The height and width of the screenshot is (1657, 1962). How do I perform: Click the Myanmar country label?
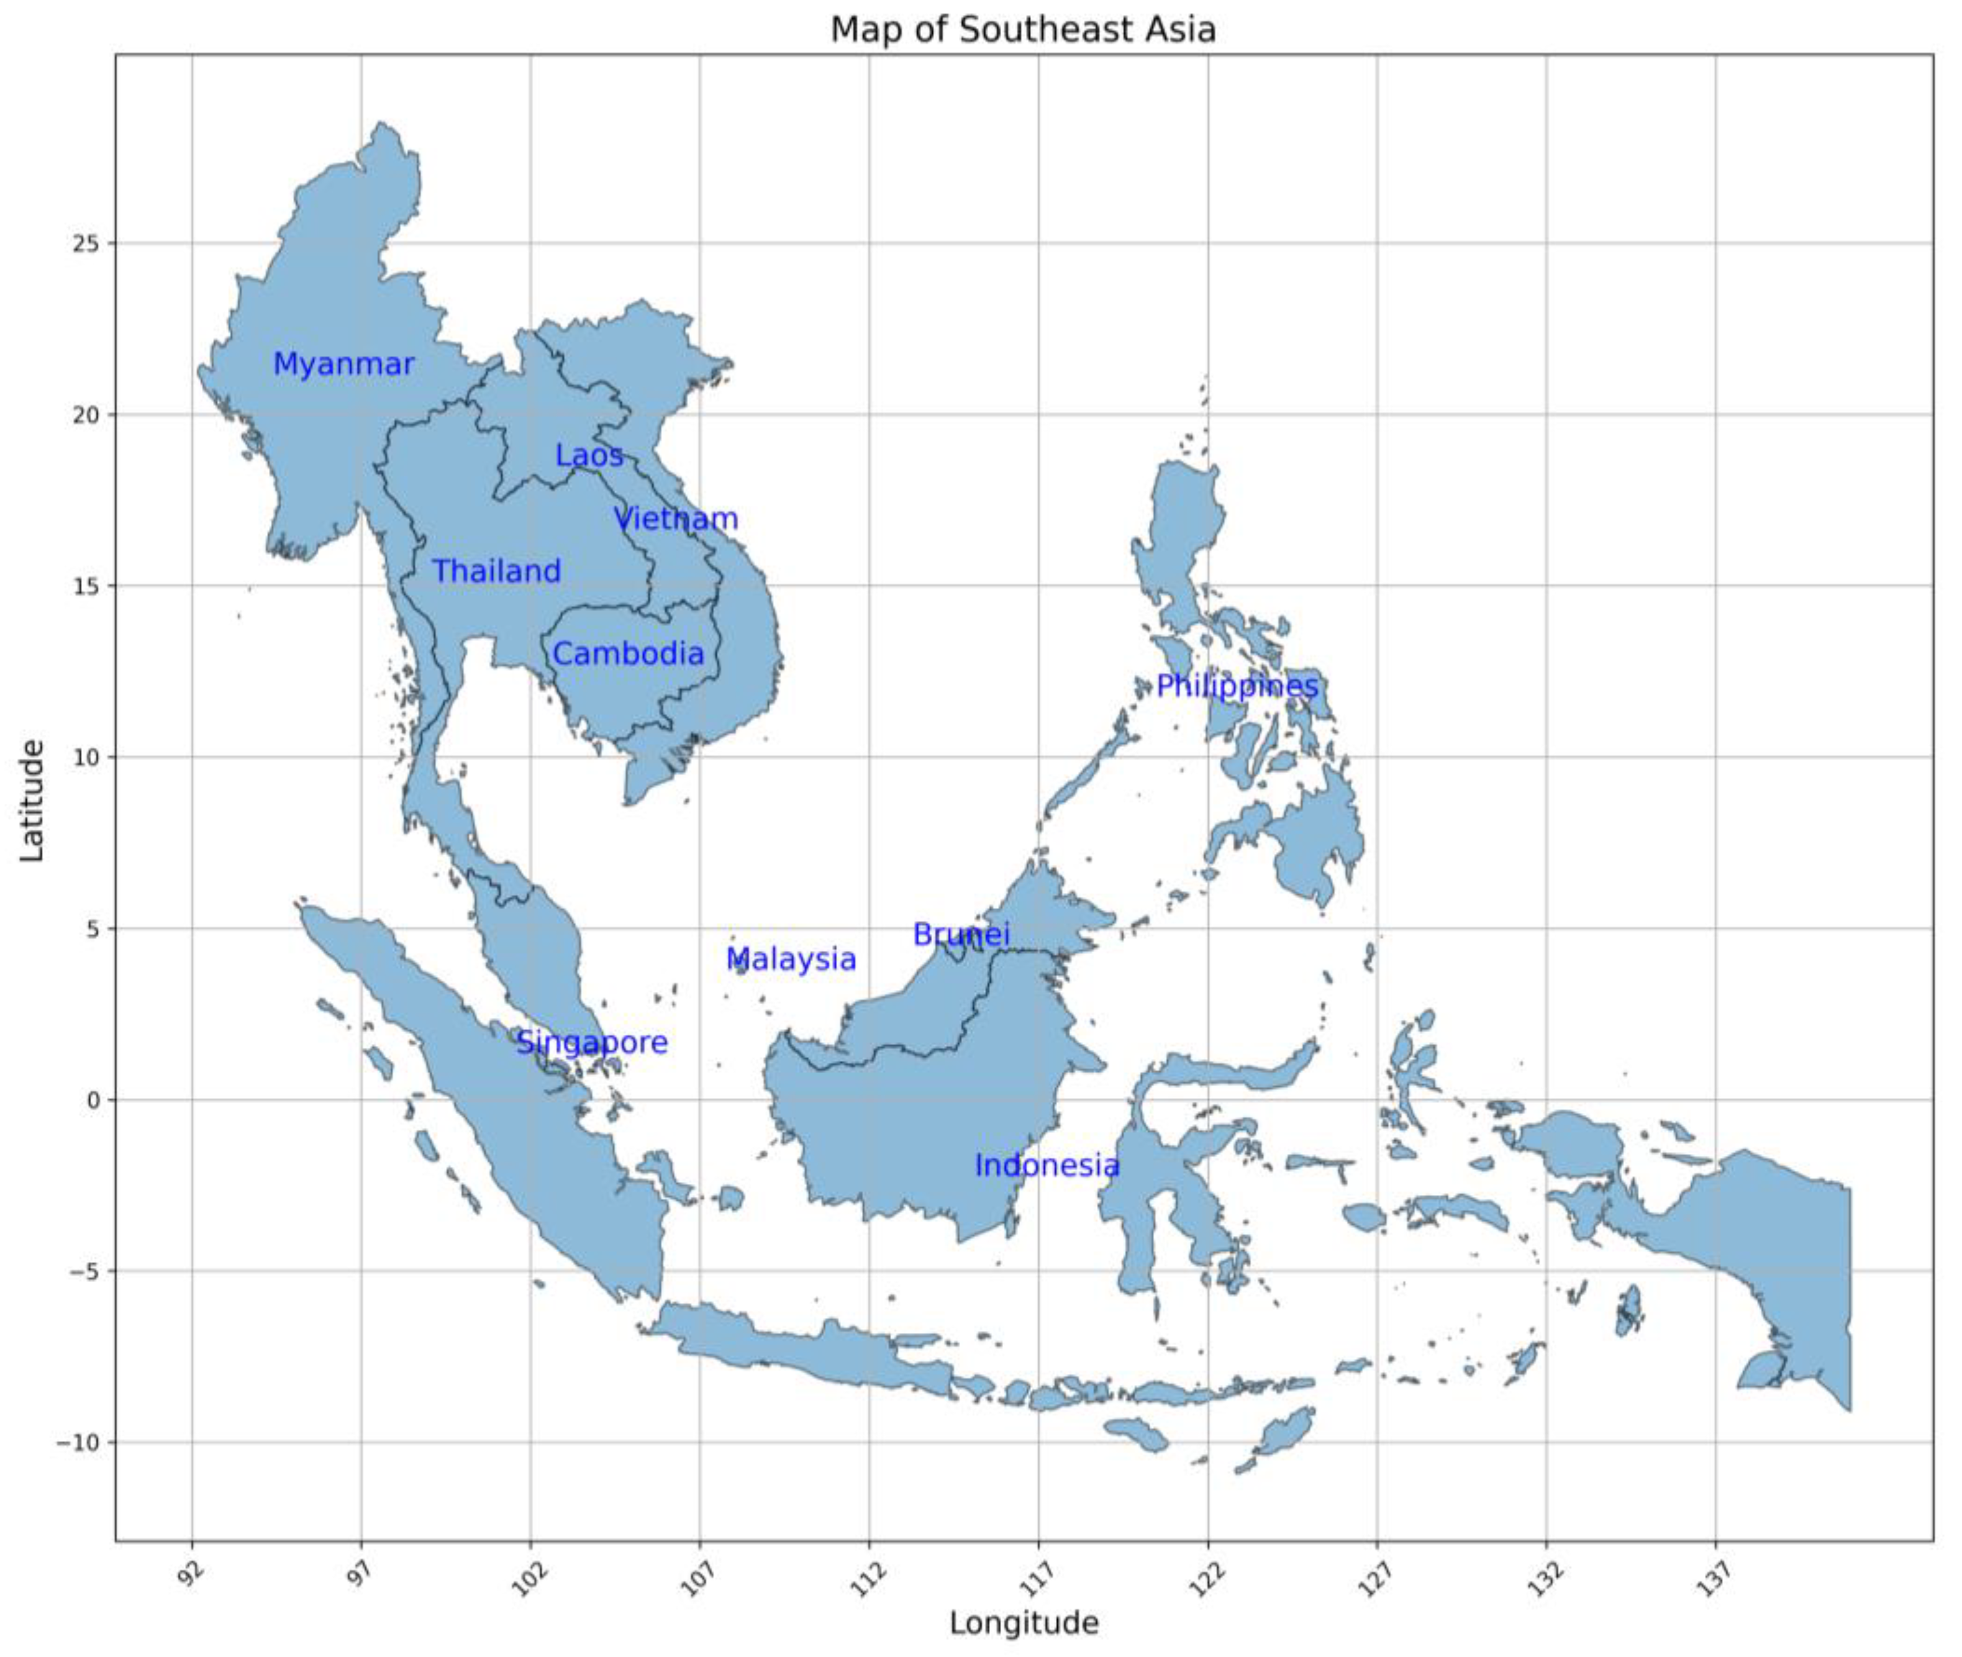point(343,365)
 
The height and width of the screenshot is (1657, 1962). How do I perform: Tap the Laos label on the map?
point(589,456)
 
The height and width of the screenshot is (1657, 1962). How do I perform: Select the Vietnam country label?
point(676,519)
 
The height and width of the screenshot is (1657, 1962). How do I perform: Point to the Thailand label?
point(496,571)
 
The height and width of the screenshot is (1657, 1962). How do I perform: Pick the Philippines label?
point(1237,687)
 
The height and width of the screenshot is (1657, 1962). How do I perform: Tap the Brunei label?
point(961,935)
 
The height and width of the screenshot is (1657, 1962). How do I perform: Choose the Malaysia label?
point(791,959)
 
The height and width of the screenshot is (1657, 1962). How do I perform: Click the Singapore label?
point(592,1043)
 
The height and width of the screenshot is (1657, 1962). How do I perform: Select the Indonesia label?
point(1047,1166)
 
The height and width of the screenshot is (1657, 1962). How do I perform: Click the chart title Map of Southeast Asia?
point(1023,30)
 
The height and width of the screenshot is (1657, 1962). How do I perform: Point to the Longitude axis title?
point(1024,1622)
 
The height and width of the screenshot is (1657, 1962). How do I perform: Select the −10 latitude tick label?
point(81,1443)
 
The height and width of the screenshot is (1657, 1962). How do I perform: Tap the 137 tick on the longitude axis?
point(1713,1574)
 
